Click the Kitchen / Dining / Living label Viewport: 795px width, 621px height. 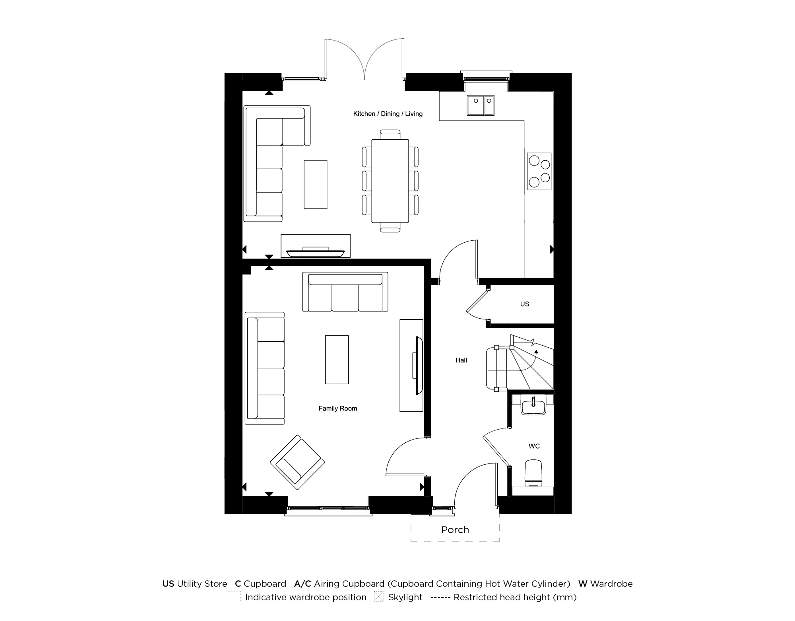(388, 114)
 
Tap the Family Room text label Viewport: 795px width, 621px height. (337, 409)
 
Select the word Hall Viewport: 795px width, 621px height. (461, 360)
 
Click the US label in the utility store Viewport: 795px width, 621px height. (524, 304)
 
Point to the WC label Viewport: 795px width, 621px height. (534, 446)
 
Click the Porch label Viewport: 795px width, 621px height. (455, 530)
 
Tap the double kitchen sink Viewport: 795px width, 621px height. (480, 105)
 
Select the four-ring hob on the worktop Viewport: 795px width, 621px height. (539, 171)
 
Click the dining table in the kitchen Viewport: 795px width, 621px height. (390, 181)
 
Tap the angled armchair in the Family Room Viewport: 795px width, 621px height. (297, 462)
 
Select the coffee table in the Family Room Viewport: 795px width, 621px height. (337, 360)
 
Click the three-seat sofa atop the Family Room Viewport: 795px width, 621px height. (345, 292)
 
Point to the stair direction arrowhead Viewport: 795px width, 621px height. (536, 352)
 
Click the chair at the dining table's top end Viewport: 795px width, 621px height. (390, 134)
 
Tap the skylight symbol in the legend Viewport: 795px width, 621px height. (378, 597)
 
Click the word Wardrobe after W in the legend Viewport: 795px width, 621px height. (611, 584)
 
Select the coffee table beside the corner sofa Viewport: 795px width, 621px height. (315, 185)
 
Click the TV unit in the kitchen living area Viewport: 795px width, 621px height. (316, 246)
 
